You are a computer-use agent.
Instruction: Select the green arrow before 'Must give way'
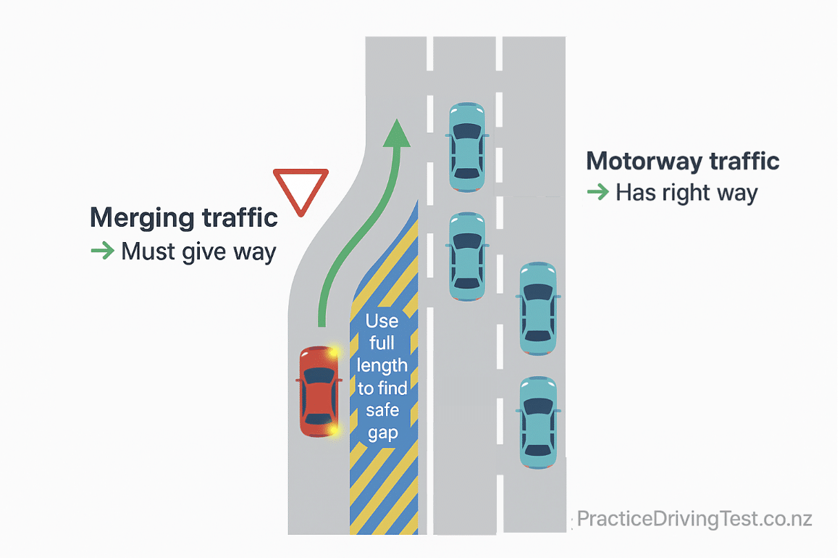(102, 251)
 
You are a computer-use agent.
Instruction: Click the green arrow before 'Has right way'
(598, 193)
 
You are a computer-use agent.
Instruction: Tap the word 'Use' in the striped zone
(382, 321)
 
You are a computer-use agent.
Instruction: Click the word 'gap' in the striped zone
(382, 433)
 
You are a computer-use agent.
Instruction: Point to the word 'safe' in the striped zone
(382, 410)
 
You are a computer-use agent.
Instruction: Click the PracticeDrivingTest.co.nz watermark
(694, 519)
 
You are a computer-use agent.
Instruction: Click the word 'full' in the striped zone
(382, 343)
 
